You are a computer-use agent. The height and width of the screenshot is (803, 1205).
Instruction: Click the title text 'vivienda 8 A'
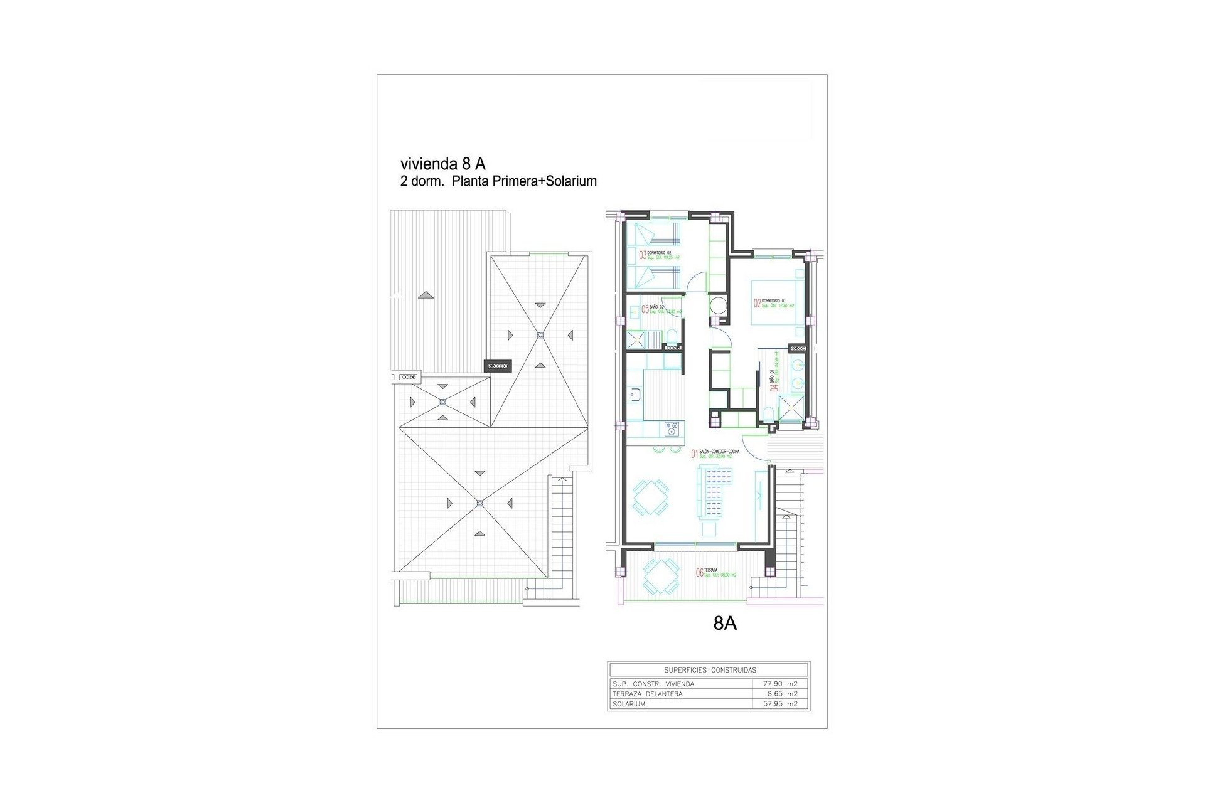pos(442,164)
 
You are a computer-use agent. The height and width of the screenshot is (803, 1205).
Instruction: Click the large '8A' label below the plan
pos(725,624)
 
